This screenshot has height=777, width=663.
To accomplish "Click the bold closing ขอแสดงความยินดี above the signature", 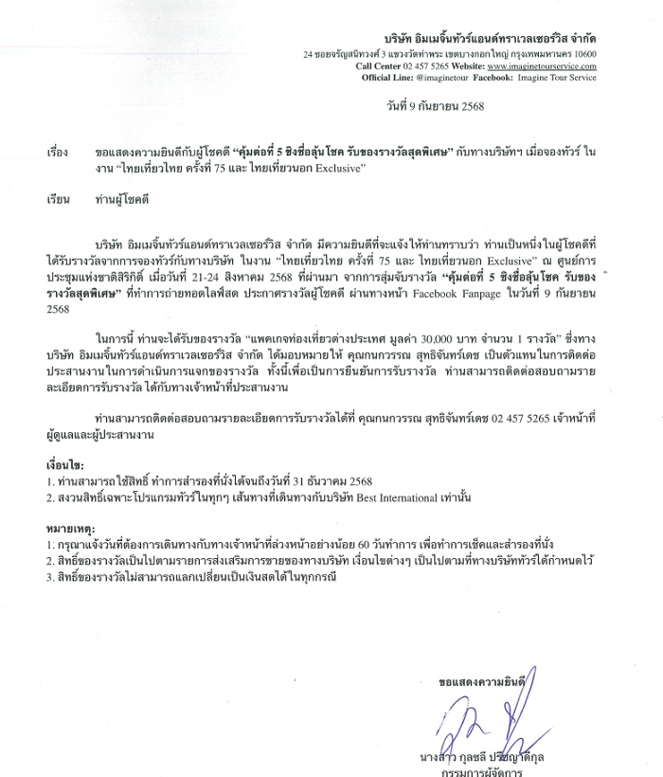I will coord(483,681).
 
